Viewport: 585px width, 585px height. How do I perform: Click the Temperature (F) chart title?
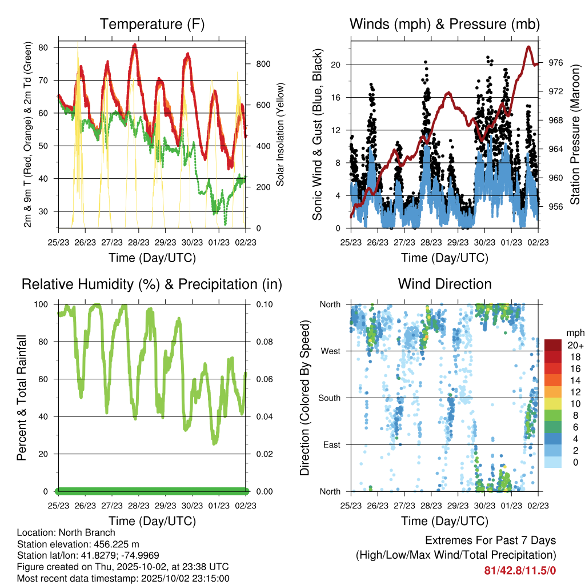click(x=152, y=25)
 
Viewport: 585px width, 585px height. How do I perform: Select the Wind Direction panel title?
click(x=444, y=284)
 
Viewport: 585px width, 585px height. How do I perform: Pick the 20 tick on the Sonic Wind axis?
click(x=336, y=65)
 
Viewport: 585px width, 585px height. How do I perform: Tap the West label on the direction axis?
click(x=331, y=351)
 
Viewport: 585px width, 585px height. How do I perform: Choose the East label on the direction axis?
click(x=332, y=444)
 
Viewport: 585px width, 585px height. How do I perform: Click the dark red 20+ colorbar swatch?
click(x=553, y=345)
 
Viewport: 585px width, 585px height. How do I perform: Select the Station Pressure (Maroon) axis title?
click(x=575, y=127)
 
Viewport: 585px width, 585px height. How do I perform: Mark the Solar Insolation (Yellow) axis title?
click(x=281, y=135)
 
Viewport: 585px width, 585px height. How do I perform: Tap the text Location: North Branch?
click(x=66, y=533)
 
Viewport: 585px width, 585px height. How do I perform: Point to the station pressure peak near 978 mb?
click(x=529, y=47)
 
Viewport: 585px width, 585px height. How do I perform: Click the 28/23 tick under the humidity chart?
click(x=139, y=506)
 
